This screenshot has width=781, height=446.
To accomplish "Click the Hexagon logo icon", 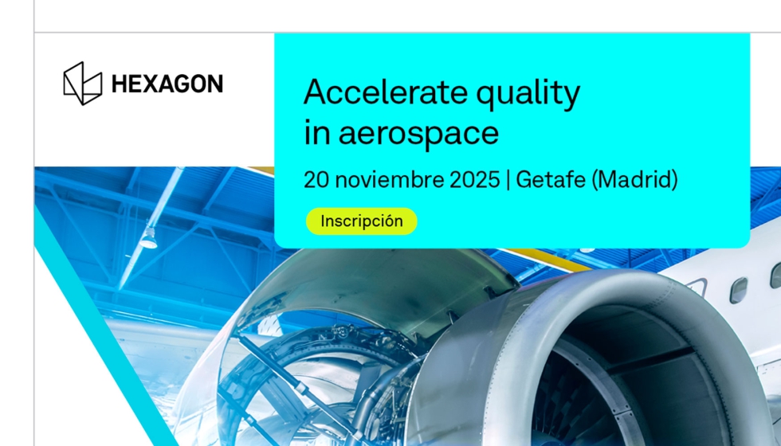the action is pos(83,84).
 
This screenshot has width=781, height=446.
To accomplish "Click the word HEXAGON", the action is pos(167,84).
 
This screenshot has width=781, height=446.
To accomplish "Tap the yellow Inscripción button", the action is pos(362,221).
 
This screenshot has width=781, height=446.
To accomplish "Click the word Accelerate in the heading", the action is pos(386,92).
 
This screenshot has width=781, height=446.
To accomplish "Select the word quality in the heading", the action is pos(528,95).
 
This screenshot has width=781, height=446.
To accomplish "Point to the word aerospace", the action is pos(418,135).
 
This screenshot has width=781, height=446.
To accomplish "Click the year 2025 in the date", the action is pos(475,180).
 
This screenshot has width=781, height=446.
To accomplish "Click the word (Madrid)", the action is pos(634,180).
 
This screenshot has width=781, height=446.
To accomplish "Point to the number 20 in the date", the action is pos(316,180).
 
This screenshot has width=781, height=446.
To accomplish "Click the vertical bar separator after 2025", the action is pos(508,180).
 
